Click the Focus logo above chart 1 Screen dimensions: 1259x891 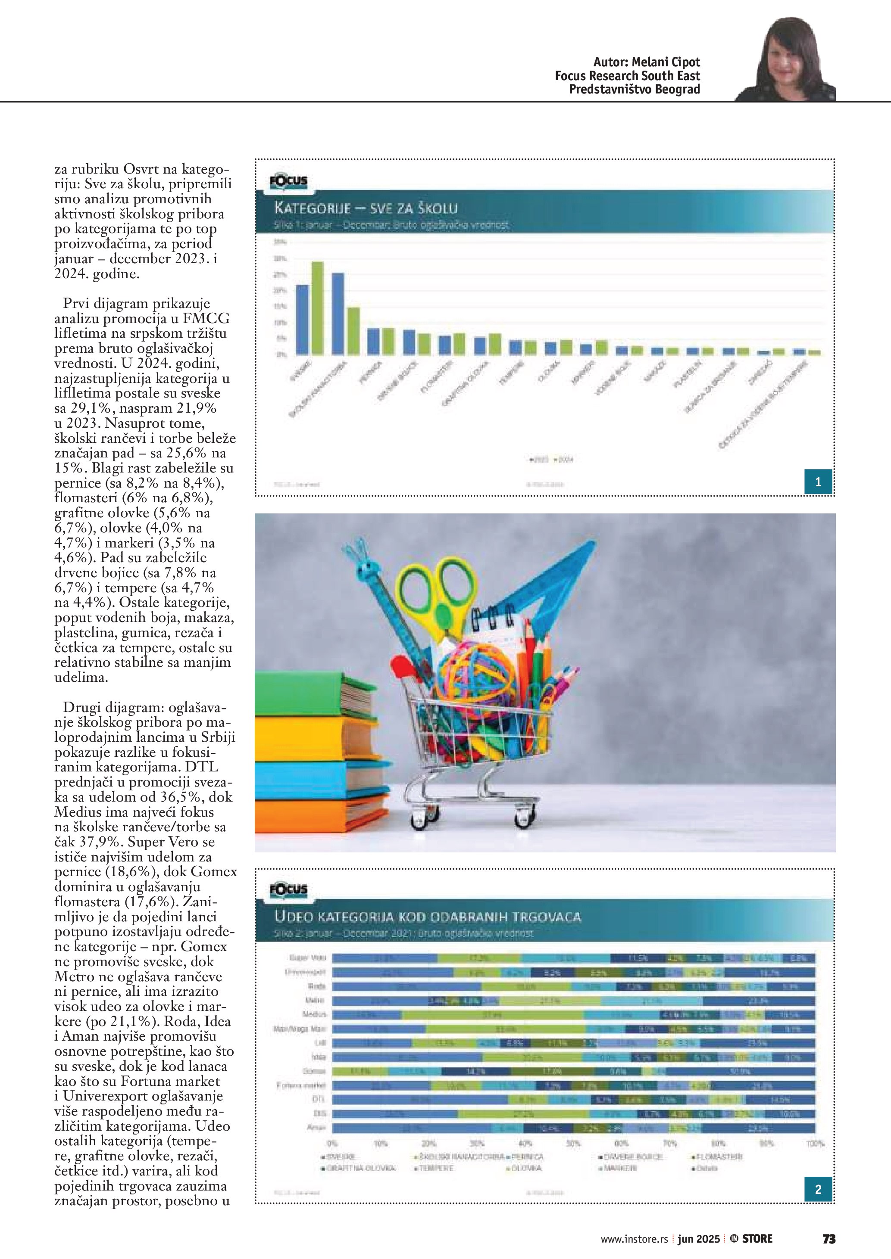click(x=288, y=181)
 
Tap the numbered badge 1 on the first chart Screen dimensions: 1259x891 click(x=818, y=482)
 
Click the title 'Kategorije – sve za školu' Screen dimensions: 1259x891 click(x=366, y=208)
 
